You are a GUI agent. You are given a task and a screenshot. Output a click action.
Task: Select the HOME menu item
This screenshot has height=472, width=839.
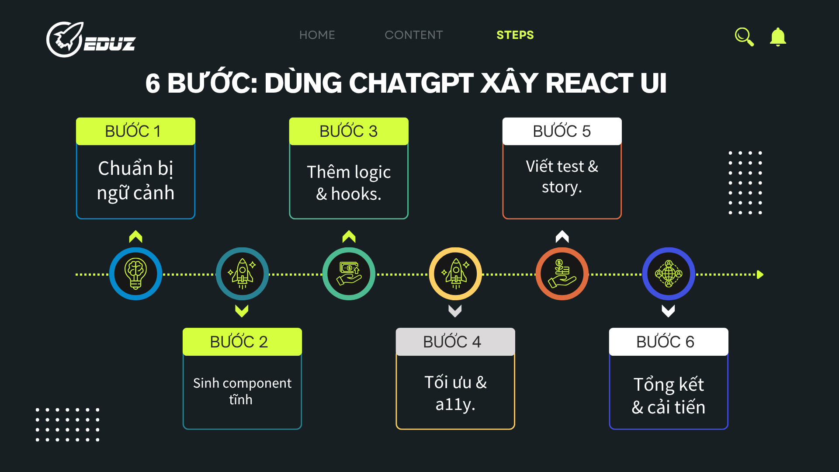(x=317, y=35)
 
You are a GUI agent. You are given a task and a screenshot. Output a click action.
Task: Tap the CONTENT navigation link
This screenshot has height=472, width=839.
(x=413, y=35)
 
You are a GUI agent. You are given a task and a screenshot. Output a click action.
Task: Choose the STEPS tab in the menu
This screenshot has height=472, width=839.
(x=515, y=35)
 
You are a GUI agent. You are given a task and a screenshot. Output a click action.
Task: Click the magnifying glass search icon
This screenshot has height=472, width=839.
(x=744, y=37)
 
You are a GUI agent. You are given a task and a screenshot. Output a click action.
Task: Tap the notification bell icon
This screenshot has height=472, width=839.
(x=778, y=37)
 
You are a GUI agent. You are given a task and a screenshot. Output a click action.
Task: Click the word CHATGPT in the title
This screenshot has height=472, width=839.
(x=411, y=83)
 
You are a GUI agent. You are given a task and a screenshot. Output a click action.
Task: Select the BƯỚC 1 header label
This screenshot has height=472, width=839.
(x=135, y=131)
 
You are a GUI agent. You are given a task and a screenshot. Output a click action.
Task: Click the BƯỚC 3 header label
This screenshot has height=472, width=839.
(x=349, y=131)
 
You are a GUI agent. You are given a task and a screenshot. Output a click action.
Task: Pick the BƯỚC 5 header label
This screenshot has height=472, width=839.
(x=562, y=131)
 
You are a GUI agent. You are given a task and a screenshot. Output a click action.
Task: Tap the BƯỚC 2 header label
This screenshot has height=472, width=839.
(x=242, y=342)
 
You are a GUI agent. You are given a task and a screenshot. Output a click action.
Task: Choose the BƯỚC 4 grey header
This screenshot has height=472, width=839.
(x=455, y=342)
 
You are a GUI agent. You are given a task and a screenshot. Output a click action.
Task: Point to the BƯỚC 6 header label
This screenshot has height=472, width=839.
(x=669, y=342)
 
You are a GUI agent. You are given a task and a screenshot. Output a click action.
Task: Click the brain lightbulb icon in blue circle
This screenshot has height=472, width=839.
(x=135, y=274)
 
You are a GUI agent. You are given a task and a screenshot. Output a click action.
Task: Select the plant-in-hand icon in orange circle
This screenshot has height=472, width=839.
(x=562, y=274)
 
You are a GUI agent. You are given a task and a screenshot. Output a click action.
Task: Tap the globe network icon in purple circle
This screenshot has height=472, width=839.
(x=669, y=274)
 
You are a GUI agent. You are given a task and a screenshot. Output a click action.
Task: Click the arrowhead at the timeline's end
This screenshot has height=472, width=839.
(x=760, y=274)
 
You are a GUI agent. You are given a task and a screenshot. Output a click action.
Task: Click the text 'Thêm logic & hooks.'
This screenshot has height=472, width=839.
(x=349, y=183)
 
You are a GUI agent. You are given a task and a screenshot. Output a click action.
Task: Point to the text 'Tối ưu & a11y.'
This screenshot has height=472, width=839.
(x=455, y=393)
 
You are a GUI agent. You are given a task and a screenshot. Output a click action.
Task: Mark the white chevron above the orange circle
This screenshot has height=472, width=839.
(x=562, y=237)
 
